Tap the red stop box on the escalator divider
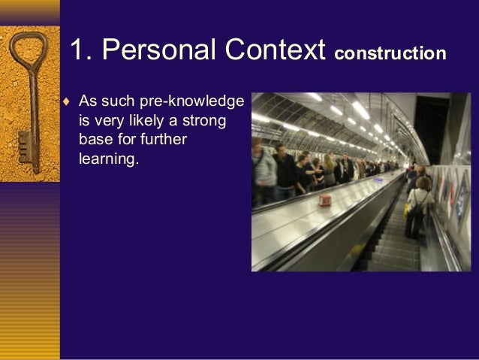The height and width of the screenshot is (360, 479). [327, 201]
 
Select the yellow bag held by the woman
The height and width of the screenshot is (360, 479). [408, 210]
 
